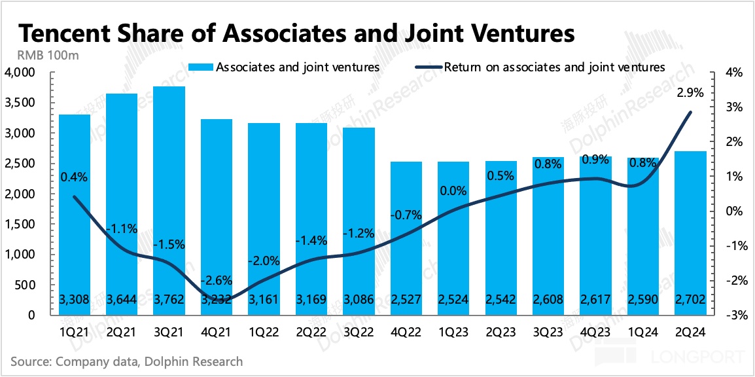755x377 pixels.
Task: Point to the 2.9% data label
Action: (x=689, y=93)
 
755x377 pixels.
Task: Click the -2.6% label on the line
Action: (x=215, y=280)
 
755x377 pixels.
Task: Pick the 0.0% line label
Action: (x=453, y=191)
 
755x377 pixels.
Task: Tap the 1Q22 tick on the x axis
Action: (x=263, y=332)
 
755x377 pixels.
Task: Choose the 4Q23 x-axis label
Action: (x=595, y=332)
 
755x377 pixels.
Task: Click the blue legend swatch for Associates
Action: (x=200, y=67)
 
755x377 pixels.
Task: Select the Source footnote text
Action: (x=126, y=361)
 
